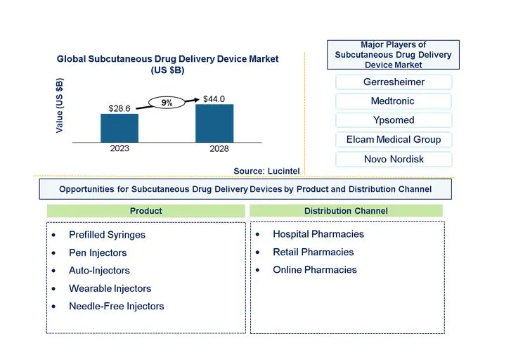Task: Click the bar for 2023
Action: [119, 128]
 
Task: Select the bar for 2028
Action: [214, 123]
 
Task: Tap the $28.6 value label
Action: [119, 108]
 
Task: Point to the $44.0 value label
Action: [214, 99]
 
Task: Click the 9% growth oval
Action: [167, 103]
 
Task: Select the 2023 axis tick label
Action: [119, 148]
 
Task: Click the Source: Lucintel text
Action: [267, 171]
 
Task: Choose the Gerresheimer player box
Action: [394, 82]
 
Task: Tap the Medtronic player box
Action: [394, 101]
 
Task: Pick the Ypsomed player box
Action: [394, 120]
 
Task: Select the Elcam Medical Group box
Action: [394, 139]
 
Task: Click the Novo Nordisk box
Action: [394, 159]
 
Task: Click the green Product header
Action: [146, 211]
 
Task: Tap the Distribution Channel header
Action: [346, 211]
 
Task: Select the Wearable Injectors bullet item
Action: [110, 288]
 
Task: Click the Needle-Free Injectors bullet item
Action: [116, 307]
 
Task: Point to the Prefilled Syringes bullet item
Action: [107, 235]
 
